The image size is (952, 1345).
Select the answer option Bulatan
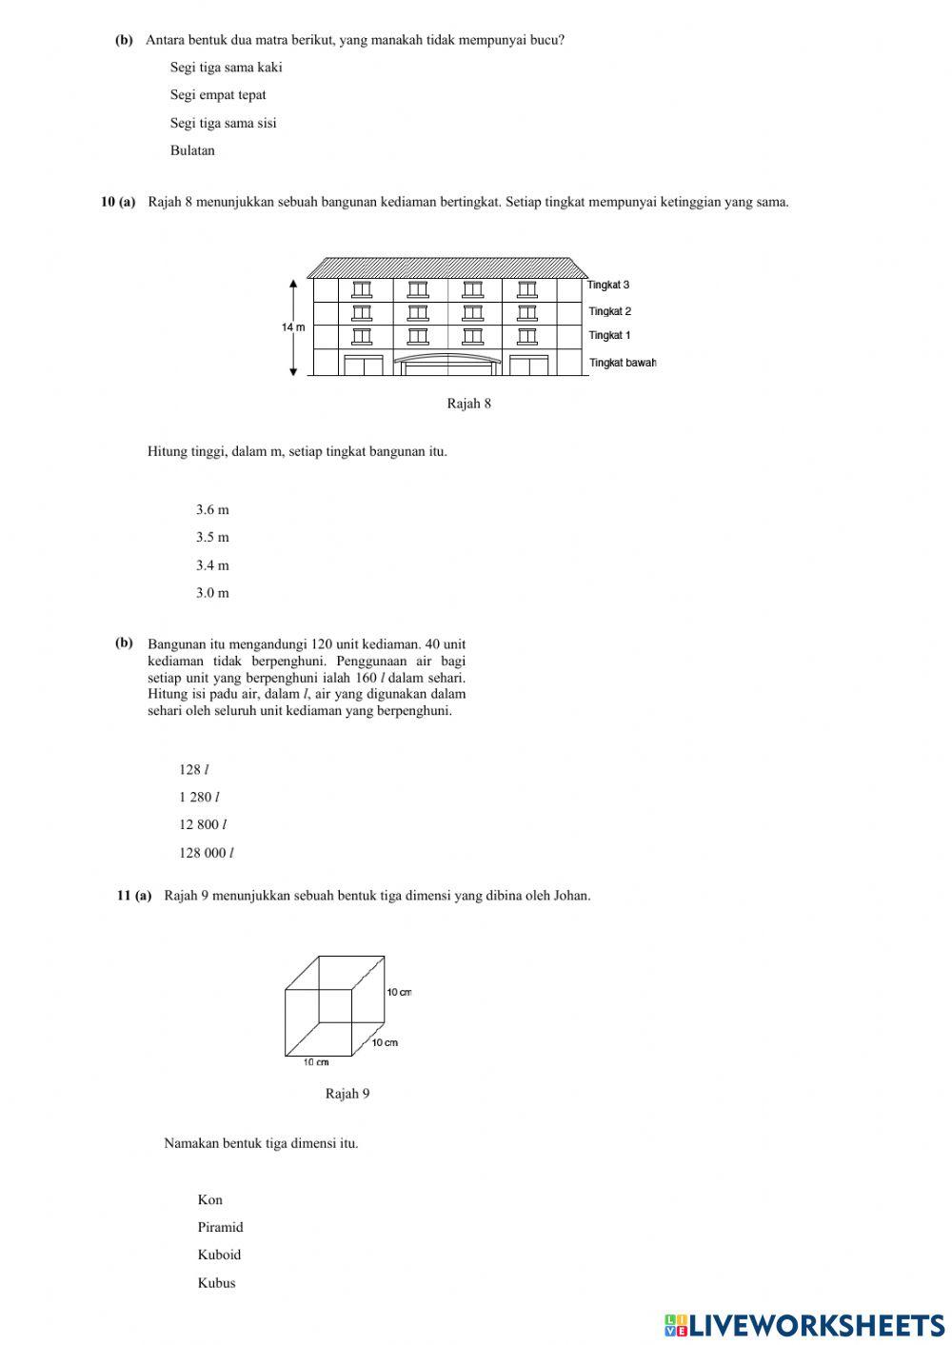pyautogui.click(x=192, y=150)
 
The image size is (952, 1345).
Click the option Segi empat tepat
pyautogui.click(x=218, y=95)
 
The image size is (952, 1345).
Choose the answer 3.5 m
pyautogui.click(x=212, y=538)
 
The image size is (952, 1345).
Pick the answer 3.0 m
pyautogui.click(x=212, y=593)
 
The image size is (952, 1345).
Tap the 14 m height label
pyautogui.click(x=293, y=327)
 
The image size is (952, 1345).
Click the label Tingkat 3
pyautogui.click(x=608, y=286)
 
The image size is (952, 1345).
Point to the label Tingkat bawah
pyautogui.click(x=623, y=363)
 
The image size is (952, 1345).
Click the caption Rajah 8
pyautogui.click(x=468, y=404)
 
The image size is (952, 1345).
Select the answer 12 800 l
pyautogui.click(x=202, y=825)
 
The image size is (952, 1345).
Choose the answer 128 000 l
pyautogui.click(x=206, y=853)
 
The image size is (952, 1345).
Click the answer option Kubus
pyautogui.click(x=216, y=1283)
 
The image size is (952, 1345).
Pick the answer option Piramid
pyautogui.click(x=220, y=1228)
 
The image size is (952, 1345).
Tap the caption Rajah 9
pyautogui.click(x=347, y=1094)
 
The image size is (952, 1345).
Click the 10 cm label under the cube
pyautogui.click(x=316, y=1062)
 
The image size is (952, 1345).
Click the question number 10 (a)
pyautogui.click(x=119, y=202)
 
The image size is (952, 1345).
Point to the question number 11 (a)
pyautogui.click(x=134, y=896)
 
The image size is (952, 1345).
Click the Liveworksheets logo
pyautogui.click(x=804, y=1324)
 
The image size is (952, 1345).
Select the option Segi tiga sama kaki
pyautogui.click(x=226, y=68)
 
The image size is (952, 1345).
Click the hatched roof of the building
pyautogui.click(x=447, y=267)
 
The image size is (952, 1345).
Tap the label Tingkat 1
pyautogui.click(x=609, y=336)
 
